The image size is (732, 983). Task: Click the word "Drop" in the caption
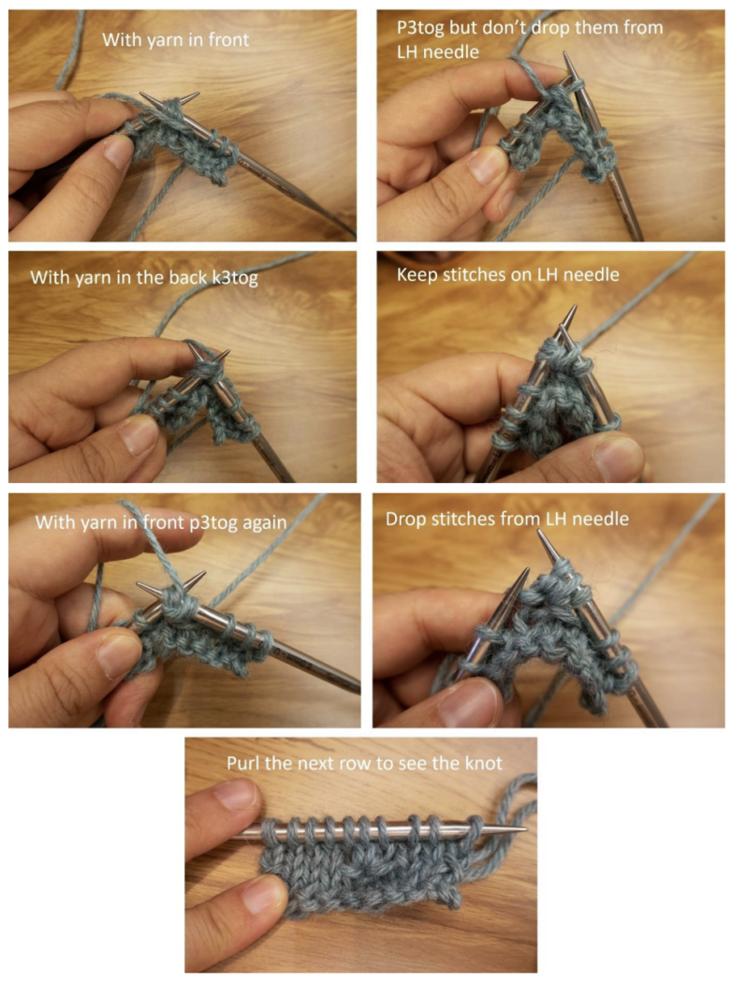click(405, 518)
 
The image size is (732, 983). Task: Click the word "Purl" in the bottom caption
click(245, 763)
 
